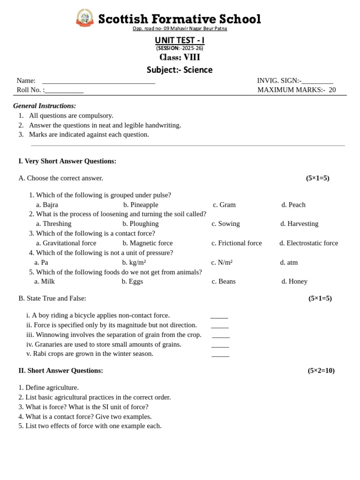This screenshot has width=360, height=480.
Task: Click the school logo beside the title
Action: [x=85, y=18]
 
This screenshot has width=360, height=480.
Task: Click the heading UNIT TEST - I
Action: [x=180, y=40]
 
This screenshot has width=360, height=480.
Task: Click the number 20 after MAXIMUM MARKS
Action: [x=332, y=90]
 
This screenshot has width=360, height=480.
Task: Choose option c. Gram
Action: [x=224, y=205]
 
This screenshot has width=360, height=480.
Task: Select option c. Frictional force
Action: [x=236, y=243]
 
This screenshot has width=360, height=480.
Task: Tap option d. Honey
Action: [x=294, y=282]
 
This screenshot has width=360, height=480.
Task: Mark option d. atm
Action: [x=289, y=262]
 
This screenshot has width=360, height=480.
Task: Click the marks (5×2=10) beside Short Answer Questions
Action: [x=321, y=371]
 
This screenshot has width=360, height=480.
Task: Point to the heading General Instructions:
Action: [x=45, y=106]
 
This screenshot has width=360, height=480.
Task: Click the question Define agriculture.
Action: [x=49, y=388]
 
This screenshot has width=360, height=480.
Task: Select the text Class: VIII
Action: [x=180, y=58]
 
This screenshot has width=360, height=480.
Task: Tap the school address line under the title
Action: [x=180, y=29]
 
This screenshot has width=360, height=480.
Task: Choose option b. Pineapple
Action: [x=141, y=205]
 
